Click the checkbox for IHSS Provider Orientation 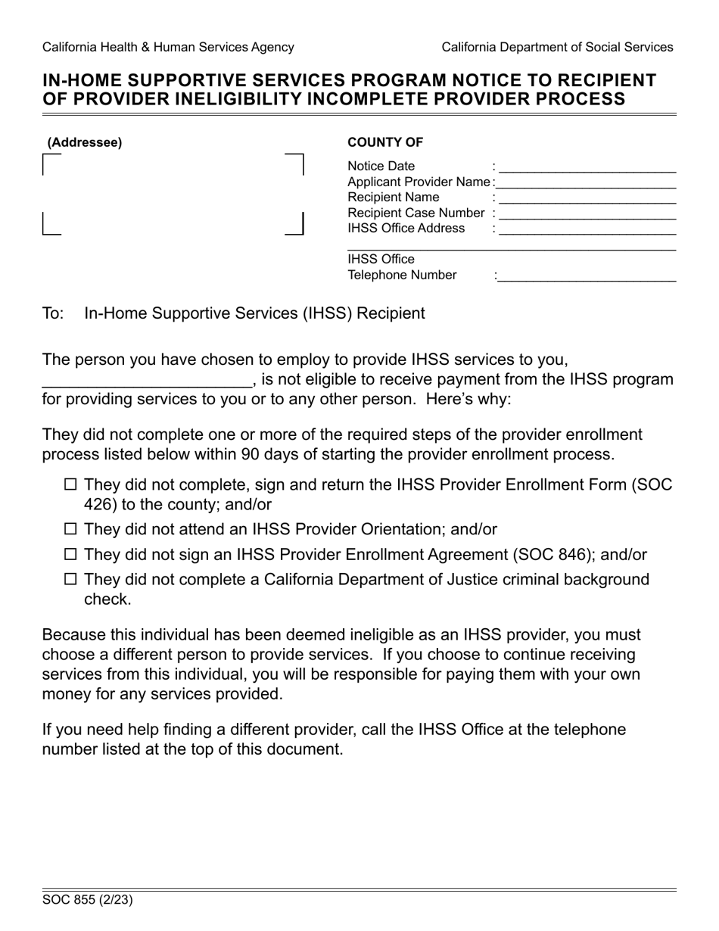71,530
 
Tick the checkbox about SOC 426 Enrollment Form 71,485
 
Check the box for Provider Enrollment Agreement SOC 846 71,555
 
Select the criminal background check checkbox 71,580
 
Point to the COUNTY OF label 385,142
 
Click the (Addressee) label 84,142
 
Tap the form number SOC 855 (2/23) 88,900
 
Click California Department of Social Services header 557,47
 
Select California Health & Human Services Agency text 168,47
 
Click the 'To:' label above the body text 53,313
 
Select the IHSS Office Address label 406,229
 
